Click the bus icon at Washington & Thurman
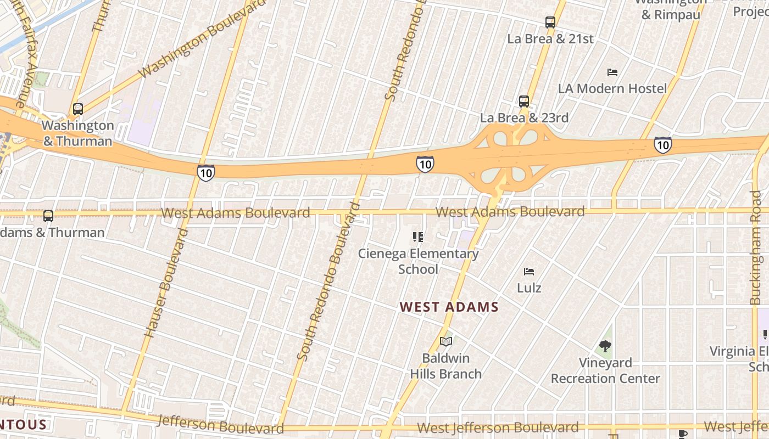point(78,109)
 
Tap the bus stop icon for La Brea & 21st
point(550,22)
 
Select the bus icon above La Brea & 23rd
point(524,102)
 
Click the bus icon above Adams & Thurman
point(48,216)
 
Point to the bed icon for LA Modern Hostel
point(612,72)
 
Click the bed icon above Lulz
point(529,272)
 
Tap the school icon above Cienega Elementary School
point(418,237)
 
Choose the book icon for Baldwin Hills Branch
point(446,342)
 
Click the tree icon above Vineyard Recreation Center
point(605,346)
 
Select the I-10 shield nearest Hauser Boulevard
point(205,173)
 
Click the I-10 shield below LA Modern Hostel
point(662,145)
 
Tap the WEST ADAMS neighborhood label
point(449,307)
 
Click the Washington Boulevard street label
point(202,38)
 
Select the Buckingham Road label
point(756,247)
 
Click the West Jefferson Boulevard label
point(498,427)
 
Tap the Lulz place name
point(529,288)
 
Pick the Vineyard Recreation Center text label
point(605,370)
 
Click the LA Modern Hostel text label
point(612,88)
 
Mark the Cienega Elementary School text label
point(419,261)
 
